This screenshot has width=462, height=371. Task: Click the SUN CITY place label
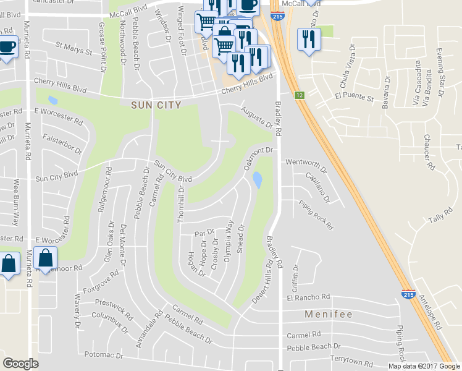[x=156, y=105]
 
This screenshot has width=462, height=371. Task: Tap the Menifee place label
[x=329, y=315]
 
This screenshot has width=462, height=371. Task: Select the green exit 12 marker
[x=300, y=95]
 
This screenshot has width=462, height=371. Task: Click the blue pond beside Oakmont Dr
[x=257, y=180]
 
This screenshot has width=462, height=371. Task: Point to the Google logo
[x=20, y=364]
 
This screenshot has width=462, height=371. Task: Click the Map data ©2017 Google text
[x=424, y=366]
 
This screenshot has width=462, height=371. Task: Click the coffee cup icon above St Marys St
[x=7, y=46]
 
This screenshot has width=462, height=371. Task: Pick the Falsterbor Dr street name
[x=62, y=145]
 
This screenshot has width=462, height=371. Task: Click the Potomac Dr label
[x=103, y=356]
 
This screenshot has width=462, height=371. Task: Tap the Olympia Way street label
[x=229, y=242]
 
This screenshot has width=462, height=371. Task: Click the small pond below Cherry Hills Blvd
[x=52, y=100]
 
